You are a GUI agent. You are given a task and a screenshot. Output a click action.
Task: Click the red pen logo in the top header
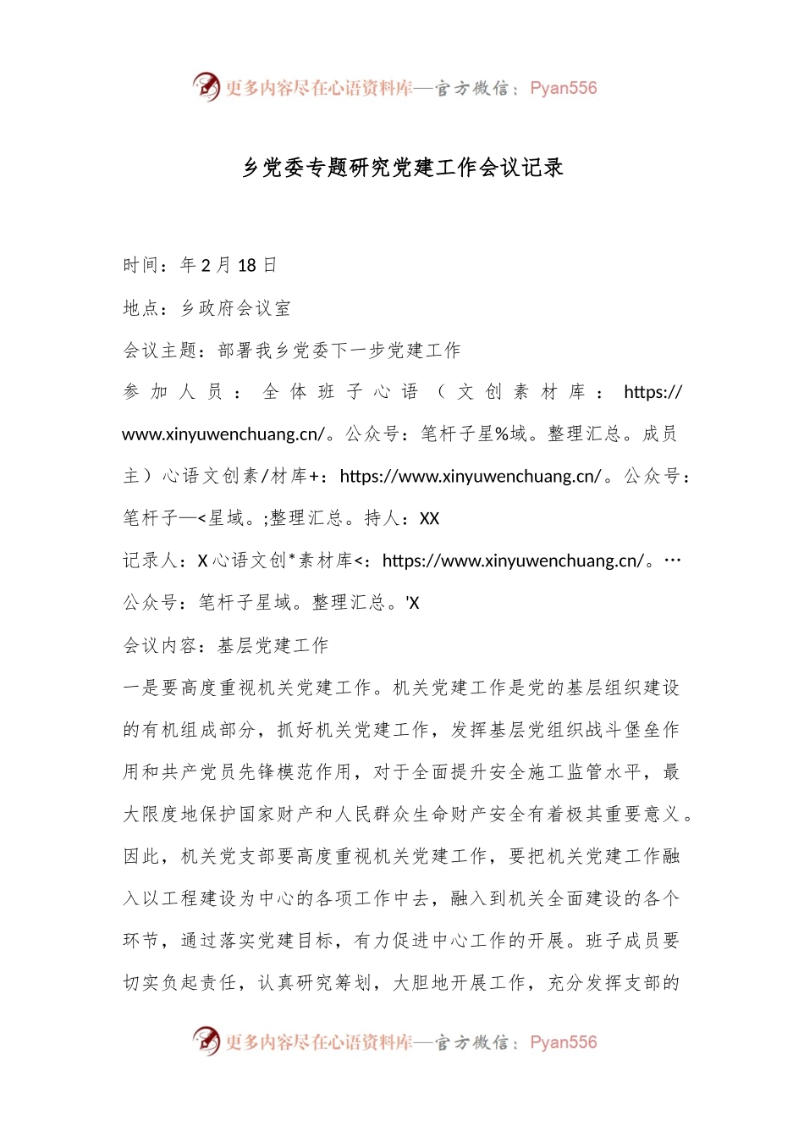coord(206,86)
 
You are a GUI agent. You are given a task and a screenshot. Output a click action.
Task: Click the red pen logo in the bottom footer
coord(206,1041)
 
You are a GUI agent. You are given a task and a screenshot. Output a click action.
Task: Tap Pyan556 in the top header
coord(563,88)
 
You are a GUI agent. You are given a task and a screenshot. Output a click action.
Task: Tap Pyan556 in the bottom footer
coord(563,1042)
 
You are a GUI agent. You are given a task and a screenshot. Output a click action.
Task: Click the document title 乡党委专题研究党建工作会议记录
coord(403,168)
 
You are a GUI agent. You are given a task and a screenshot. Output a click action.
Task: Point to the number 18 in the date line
coord(246,266)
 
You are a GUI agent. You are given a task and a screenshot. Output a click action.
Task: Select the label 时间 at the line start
coord(141,266)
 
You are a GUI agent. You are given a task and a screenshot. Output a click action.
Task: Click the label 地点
coord(141,308)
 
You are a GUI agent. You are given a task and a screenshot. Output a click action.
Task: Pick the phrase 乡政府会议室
coord(235,308)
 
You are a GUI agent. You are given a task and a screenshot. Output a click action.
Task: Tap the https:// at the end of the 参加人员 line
coord(653,392)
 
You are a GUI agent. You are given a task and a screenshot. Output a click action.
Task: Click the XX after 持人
coord(429,519)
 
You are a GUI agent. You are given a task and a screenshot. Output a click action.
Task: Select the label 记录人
coord(151,561)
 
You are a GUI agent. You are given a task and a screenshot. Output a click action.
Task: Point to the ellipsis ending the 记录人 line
coord(673,561)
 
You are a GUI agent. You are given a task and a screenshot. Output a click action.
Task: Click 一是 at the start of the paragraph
coord(141,688)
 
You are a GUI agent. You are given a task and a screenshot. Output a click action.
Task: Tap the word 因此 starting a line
coord(141,857)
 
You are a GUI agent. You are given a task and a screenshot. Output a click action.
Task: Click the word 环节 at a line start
coord(141,942)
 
